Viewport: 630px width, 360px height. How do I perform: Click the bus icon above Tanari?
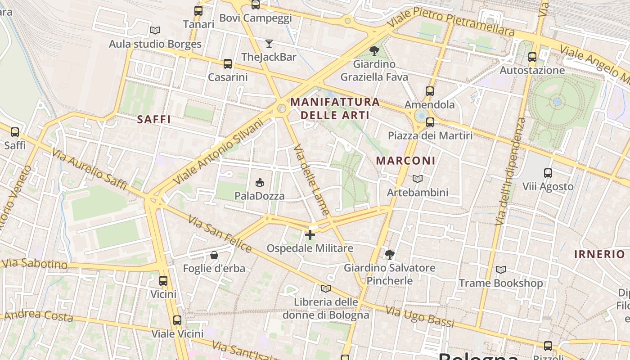click(198, 11)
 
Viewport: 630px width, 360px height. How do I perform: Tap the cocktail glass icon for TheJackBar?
click(269, 44)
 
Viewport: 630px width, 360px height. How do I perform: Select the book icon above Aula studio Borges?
click(155, 31)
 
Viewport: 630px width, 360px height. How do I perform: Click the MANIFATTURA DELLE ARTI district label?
click(335, 108)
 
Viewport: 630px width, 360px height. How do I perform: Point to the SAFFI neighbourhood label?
click(154, 119)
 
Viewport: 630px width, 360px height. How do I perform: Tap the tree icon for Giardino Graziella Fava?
click(374, 51)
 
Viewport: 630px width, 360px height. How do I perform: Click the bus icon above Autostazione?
click(532, 57)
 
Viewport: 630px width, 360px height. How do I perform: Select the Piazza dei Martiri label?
click(430, 135)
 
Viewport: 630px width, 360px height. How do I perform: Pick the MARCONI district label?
click(405, 161)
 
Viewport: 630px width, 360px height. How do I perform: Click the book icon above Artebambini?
click(418, 179)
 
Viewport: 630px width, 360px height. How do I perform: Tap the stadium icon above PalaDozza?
click(260, 182)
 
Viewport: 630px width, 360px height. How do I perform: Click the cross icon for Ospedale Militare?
click(310, 235)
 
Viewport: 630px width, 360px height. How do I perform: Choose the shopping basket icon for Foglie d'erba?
click(214, 255)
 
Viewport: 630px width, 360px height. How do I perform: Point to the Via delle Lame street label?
click(311, 179)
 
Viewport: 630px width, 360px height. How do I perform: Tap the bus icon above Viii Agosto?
click(548, 173)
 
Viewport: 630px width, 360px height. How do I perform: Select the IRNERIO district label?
click(599, 254)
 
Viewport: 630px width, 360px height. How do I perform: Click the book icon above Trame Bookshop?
click(500, 270)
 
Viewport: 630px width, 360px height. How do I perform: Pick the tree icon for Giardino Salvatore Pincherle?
click(389, 255)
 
